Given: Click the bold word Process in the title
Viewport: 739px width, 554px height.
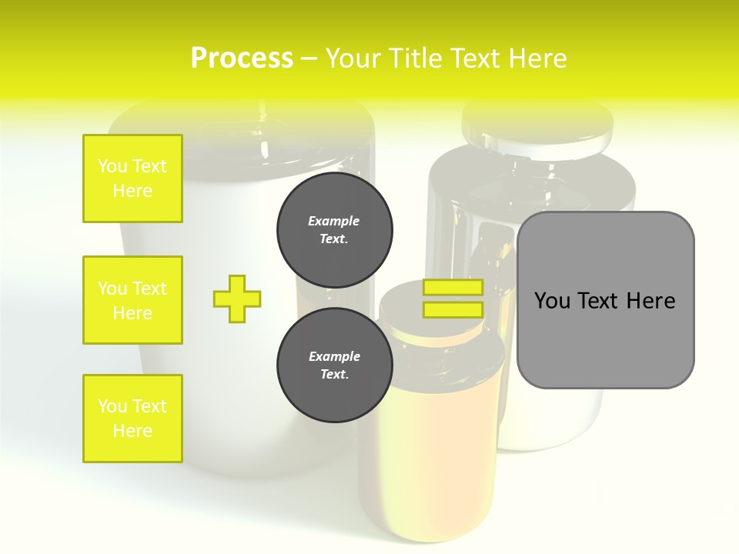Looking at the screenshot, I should tap(242, 58).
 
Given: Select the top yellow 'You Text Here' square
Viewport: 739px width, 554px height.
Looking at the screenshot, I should tap(132, 179).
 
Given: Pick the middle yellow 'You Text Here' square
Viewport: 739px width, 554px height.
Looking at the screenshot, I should tap(132, 300).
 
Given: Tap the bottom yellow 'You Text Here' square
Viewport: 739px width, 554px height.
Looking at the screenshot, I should tap(132, 418).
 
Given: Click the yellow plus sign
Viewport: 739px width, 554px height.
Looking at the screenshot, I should tap(237, 299).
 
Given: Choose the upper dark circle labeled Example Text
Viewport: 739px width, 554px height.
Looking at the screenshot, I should tap(334, 230).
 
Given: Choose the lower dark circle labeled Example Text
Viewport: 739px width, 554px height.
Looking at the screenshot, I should tap(334, 365).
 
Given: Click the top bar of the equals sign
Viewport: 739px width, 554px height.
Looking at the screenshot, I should tap(453, 288).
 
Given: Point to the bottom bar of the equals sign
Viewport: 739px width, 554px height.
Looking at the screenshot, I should tap(453, 309).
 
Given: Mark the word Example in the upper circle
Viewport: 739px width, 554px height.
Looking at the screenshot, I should tap(334, 221).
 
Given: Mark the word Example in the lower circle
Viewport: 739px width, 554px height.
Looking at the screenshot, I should tap(334, 356).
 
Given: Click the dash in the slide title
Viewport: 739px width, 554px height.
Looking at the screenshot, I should tap(309, 59).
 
